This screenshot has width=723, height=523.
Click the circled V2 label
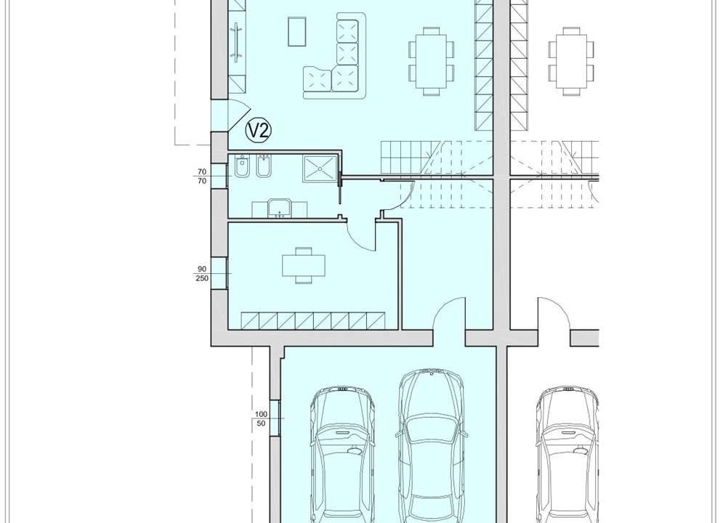pos(258,131)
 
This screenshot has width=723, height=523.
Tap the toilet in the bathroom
pos(241,167)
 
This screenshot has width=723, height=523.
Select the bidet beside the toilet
pos(264,167)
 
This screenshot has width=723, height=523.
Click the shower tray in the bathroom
pos(320,169)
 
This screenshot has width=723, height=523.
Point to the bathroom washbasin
pos(279,208)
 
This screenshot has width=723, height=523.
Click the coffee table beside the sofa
pos(297,31)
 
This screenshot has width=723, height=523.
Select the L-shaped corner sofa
pos(335,56)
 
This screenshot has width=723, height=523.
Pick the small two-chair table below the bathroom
pos(304,265)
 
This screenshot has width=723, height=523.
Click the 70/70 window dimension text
pos(201,177)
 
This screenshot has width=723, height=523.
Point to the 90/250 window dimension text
pos(201,274)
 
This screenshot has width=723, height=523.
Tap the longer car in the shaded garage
pos(431,445)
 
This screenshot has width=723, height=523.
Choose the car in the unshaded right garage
pos(568,455)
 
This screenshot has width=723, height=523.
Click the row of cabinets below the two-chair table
pos(313,321)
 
